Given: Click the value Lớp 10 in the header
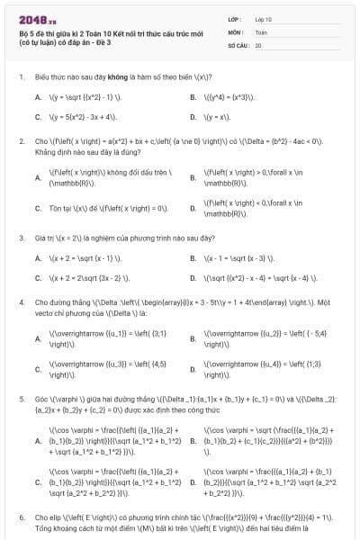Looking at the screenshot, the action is (x=265, y=18).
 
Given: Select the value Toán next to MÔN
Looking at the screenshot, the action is (x=261, y=31).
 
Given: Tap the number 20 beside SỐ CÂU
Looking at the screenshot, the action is (x=258, y=43).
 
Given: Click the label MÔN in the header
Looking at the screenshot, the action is (x=235, y=31).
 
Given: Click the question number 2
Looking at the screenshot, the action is (x=21, y=141).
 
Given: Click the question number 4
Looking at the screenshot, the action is (x=21, y=302).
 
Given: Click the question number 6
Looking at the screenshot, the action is (x=21, y=518).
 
